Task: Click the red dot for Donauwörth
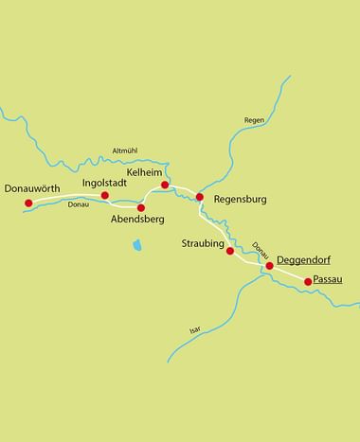click(x=28, y=203)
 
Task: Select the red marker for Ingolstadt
click(x=105, y=196)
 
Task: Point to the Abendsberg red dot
click(x=141, y=207)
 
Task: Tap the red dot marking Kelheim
click(x=165, y=185)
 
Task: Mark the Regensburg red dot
click(x=200, y=197)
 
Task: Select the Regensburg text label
click(x=242, y=200)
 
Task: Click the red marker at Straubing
click(x=229, y=251)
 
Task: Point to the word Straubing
click(x=202, y=245)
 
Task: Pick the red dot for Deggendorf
click(x=269, y=266)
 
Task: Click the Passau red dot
click(x=307, y=281)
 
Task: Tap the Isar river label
click(x=195, y=328)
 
